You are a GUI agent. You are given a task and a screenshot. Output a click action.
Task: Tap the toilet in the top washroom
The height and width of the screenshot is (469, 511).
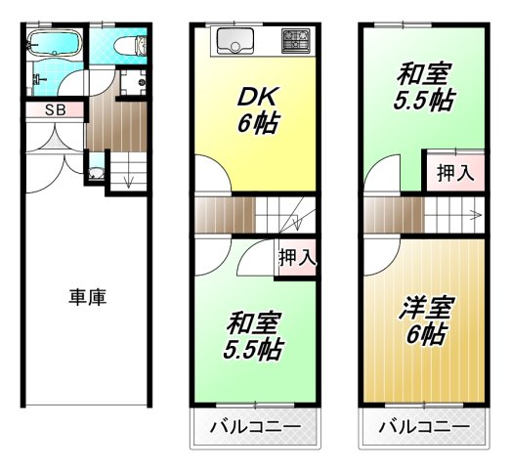pos(127,48)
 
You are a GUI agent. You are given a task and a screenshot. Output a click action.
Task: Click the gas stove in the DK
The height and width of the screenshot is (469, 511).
pos(294,42)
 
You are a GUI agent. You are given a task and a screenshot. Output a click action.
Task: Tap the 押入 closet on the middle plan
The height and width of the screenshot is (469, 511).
pos(296,259)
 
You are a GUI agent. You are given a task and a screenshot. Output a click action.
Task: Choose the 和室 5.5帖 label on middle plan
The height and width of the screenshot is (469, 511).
pos(255,335)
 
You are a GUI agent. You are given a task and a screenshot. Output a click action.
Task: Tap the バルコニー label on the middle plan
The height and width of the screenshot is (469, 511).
pos(255,427)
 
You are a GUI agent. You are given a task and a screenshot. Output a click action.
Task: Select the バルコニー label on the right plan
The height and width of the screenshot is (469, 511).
pos(423,427)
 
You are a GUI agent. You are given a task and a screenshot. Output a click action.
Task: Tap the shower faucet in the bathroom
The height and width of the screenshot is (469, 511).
pos(35,72)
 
